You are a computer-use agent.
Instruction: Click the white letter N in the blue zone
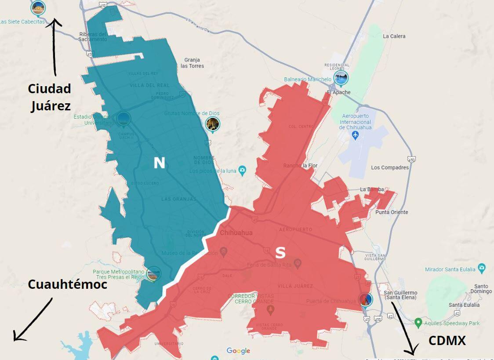pos(159,163)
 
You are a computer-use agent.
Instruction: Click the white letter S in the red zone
pos(280,252)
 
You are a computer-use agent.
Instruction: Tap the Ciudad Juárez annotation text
pos(49,97)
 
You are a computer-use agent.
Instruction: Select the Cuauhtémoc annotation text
pos(67,284)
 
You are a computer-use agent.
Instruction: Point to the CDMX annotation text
pos(447,340)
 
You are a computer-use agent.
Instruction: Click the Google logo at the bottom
pos(238,351)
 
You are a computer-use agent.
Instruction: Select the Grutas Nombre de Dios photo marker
pos(213,124)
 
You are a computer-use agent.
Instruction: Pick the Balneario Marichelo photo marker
pos(341,78)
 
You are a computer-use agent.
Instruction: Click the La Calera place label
pos(394,36)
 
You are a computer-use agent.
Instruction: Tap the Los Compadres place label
pos(390,167)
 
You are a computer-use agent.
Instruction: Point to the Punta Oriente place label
pos(392,212)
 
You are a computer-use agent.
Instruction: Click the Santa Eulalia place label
pos(464,305)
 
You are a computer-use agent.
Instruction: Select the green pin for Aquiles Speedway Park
pos(418,323)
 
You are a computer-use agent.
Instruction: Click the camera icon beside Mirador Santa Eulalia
pos(482,267)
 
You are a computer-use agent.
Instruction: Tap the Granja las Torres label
pos(193,63)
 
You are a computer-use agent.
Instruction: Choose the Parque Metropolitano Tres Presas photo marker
pos(153,274)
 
